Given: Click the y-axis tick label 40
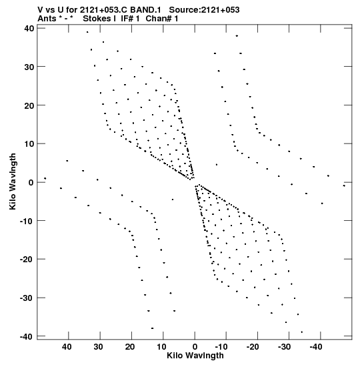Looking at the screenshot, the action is pos(29,29).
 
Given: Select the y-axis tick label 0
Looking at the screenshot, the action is pos(31,183).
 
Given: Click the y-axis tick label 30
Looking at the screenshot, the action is pos(29,67).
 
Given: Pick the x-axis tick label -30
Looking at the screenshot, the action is pos(284,347).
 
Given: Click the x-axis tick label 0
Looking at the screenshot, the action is pos(195,347).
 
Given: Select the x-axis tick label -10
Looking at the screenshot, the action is pos(221,347).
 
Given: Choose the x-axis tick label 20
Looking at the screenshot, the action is pos(130,347).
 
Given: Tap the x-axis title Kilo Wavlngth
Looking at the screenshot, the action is pos(195,356).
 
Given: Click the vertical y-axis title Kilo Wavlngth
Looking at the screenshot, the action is pos(13,181).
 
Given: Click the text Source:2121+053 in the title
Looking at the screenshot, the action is pos(204,10).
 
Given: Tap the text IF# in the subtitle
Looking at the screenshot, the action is pos(127,19).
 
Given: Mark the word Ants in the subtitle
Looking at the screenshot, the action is pos(47,19).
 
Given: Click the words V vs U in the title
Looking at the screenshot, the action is pos(49,10).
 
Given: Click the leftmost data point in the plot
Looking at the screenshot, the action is pos(45,179).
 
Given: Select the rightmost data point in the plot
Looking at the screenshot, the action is pos(344,186).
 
